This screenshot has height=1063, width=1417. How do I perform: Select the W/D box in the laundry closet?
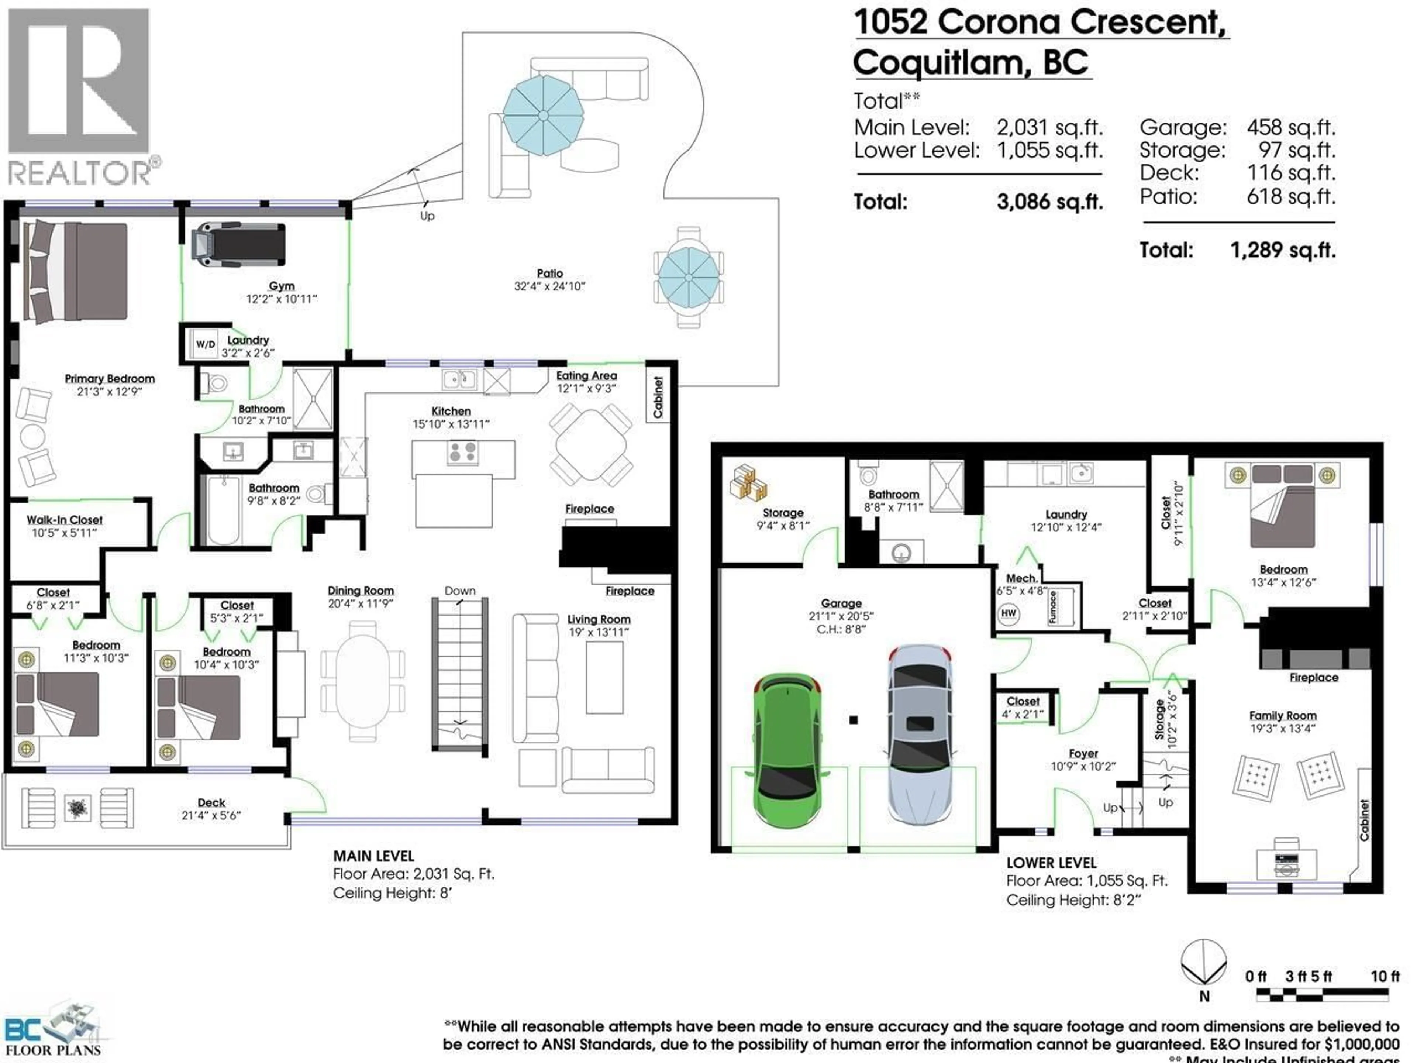point(205,344)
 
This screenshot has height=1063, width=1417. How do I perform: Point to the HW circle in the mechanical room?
point(1008,613)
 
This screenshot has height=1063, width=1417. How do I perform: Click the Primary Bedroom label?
point(110,379)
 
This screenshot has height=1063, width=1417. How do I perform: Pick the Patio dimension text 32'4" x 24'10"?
point(549,286)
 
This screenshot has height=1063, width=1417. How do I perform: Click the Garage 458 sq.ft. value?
point(1290,127)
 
